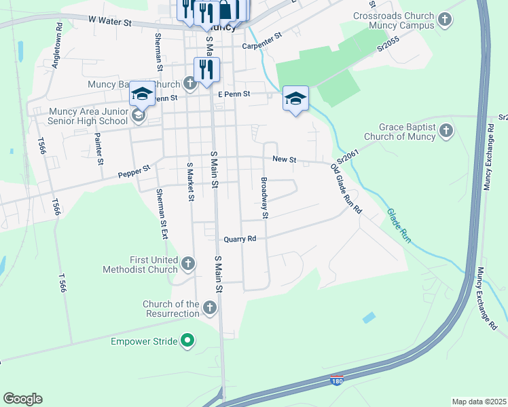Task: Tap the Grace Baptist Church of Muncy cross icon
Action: coord(446,130)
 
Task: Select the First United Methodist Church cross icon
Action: coord(189,263)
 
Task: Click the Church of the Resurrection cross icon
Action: coord(210,309)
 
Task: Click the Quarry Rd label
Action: coord(240,239)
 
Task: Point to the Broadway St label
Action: coord(265,198)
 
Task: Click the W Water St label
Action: coord(109,22)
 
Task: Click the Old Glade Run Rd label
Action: coord(346,189)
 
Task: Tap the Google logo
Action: coord(22,399)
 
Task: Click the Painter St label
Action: coord(99,149)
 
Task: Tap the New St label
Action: coord(285,159)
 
